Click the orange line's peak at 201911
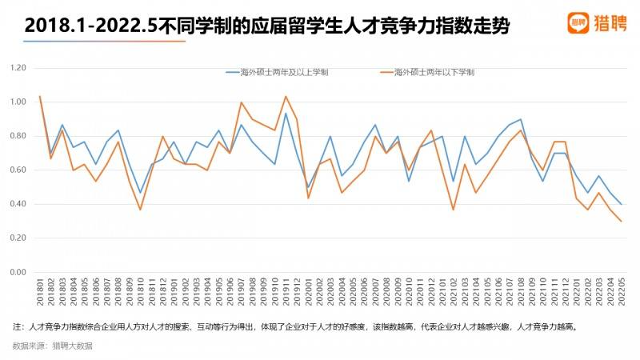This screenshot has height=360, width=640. pos(286,97)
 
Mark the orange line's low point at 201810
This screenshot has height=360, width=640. pos(140,210)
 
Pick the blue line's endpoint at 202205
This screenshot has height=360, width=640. pos(621,204)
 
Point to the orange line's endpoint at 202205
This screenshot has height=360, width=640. pos(621,221)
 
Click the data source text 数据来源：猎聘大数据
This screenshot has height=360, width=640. pos(53,346)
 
